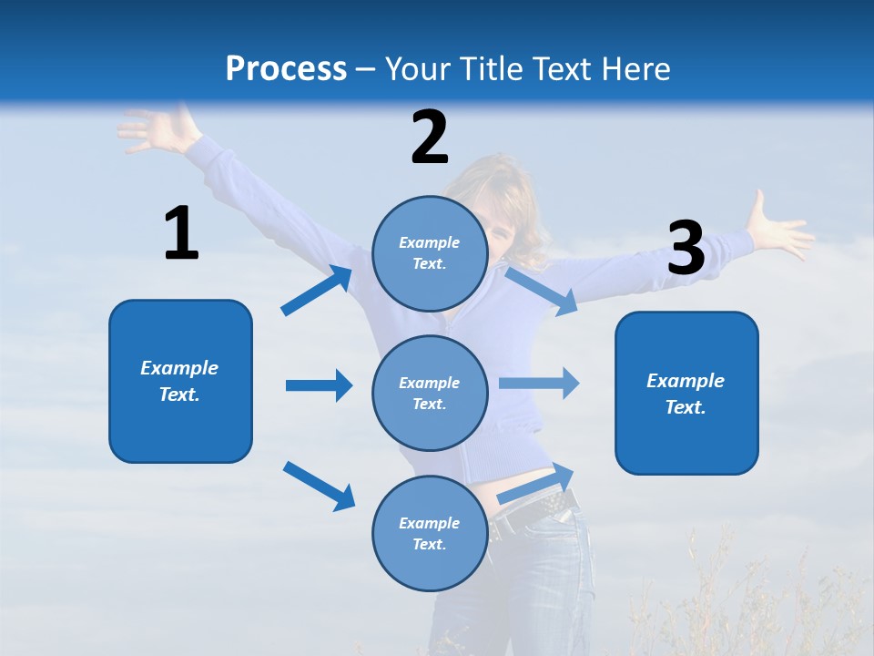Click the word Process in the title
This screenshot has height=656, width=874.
pos(286,69)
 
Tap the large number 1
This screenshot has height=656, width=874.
pos(181,234)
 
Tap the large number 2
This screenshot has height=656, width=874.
pos(430,138)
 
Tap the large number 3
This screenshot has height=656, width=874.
pos(686,248)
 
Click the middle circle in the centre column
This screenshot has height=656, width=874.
pos(430,393)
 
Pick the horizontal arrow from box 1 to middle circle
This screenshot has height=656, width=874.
pos(320,385)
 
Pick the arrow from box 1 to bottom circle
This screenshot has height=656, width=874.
pos(320,486)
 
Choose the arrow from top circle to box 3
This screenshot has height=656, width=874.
pos(542,291)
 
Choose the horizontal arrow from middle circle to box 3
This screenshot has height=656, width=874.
pos(539,383)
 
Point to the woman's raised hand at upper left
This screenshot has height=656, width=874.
pos(155,129)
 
